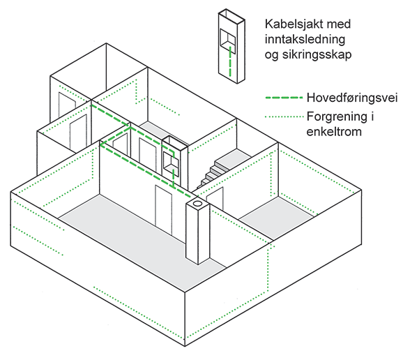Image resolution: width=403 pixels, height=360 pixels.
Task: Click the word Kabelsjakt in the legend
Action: (291, 24)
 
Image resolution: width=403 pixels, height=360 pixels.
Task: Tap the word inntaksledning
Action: (305, 40)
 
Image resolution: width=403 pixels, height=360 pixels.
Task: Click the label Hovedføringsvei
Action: (352, 98)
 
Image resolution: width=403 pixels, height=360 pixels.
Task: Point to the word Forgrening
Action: (337, 117)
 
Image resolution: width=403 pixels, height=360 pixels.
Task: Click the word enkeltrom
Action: (334, 132)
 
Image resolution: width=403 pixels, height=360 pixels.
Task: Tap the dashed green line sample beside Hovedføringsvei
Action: (284, 98)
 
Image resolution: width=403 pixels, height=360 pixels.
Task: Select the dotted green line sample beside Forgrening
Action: (284, 117)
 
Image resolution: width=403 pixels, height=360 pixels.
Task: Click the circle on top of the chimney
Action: (197, 204)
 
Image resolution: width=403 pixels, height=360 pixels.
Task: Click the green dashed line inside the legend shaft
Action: (230, 61)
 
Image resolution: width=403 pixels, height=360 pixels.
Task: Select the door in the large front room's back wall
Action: (164, 209)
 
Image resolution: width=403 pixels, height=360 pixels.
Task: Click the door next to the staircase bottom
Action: (215, 198)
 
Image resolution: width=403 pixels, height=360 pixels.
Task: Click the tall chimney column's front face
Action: (192, 234)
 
